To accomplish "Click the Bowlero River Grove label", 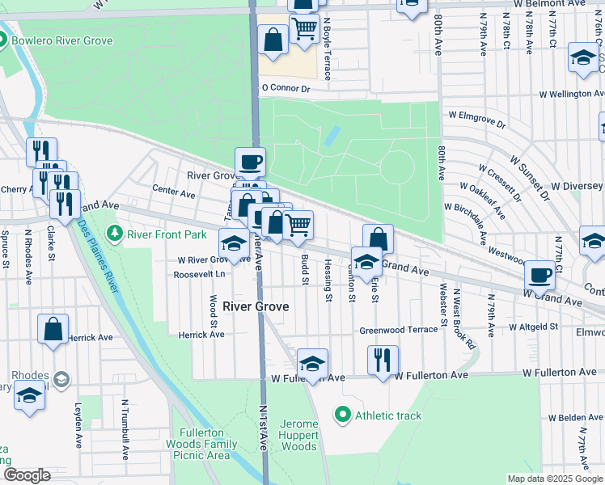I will point(62,40).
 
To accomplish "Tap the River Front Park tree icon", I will point(115,234).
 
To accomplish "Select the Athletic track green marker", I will point(343,415).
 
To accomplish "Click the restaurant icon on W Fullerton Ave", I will point(383,359).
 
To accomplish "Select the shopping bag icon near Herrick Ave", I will point(53,329).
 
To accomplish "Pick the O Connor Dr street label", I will point(286,88).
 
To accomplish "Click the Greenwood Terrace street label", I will point(398,330).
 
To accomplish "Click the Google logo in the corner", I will point(27,474).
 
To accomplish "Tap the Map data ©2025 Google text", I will point(554,479).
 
